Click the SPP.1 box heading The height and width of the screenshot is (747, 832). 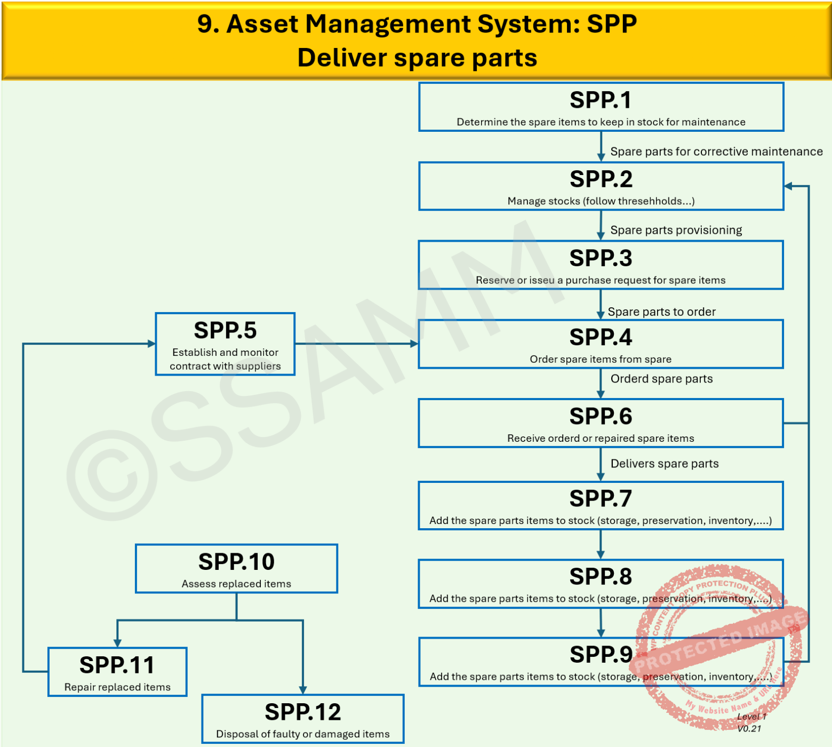[x=601, y=100]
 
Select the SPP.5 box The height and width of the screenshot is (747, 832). [x=225, y=344]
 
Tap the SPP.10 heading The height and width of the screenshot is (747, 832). [x=236, y=562]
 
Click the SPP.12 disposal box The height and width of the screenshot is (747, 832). [x=303, y=719]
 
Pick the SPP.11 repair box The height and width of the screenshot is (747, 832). [x=117, y=672]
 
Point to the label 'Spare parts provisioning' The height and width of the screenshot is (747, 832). [x=676, y=230]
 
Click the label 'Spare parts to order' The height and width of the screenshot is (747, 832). [x=661, y=312]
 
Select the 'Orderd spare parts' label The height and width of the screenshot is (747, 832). [x=661, y=379]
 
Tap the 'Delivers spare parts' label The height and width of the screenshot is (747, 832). [x=664, y=464]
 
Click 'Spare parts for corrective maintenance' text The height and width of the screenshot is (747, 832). [x=716, y=152]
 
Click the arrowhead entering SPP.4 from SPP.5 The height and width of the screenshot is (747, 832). [x=414, y=344]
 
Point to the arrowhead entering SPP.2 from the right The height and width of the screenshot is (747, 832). [x=788, y=186]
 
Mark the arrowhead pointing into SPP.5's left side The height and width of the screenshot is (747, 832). [x=151, y=344]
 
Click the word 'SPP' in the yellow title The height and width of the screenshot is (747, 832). [x=611, y=24]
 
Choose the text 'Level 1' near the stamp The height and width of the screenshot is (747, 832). [x=751, y=717]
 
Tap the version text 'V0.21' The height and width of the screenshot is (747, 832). [x=749, y=729]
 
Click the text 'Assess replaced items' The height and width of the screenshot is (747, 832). [x=236, y=584]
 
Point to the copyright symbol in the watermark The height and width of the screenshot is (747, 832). [x=112, y=475]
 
